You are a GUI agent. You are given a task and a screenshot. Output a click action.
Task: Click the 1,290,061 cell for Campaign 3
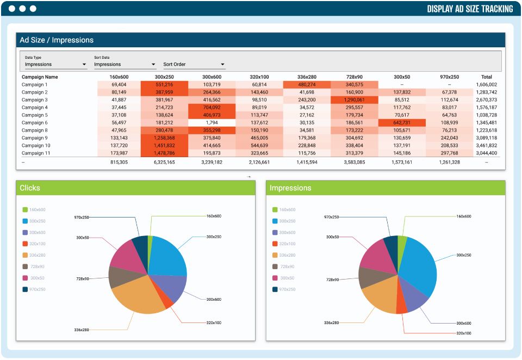(354, 100)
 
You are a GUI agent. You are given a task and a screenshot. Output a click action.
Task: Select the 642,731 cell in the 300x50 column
(402, 122)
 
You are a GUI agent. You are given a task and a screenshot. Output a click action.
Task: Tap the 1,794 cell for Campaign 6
(212, 122)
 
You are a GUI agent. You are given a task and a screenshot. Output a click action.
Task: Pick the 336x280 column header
(307, 77)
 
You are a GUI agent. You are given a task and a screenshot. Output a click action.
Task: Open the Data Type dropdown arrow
(84, 64)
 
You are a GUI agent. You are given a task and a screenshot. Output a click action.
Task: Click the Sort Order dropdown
(194, 64)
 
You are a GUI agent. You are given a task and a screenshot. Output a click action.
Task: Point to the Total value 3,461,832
(486, 146)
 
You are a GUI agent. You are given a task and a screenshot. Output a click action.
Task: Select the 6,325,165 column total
(164, 162)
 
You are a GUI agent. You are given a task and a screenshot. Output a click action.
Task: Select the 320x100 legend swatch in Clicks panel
(25, 244)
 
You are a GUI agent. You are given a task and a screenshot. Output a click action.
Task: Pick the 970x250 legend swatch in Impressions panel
(275, 289)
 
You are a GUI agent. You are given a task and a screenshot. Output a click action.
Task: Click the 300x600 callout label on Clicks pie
(214, 300)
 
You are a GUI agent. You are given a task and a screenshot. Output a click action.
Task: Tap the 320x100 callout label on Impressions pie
(464, 333)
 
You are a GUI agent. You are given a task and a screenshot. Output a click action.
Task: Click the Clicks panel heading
(29, 188)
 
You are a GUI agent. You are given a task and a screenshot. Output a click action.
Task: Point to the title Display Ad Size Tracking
(470, 9)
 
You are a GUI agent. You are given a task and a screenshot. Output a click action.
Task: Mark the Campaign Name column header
(40, 77)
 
